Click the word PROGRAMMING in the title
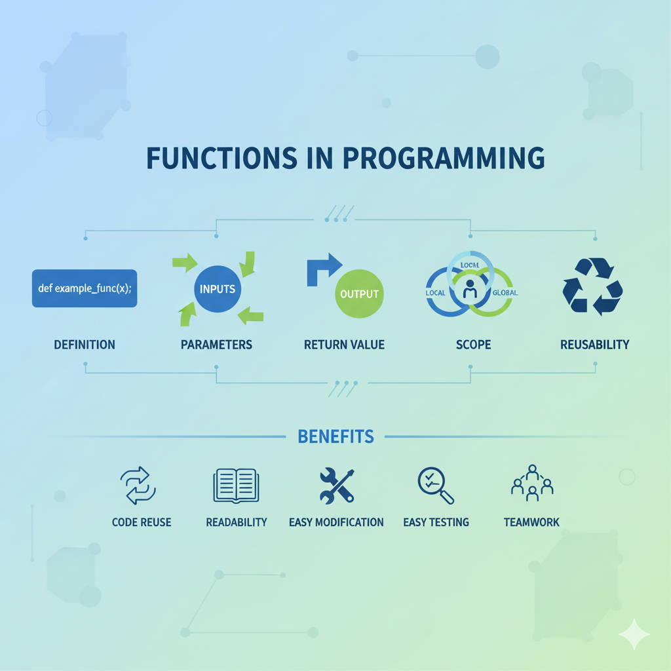tap(444, 159)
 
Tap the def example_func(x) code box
tap(85, 288)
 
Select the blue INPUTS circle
tap(218, 289)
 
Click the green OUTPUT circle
tap(360, 294)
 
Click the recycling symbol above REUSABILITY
tap(592, 286)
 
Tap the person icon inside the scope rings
tap(470, 289)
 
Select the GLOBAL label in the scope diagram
tap(505, 293)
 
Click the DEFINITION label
tap(85, 345)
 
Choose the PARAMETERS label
tap(216, 345)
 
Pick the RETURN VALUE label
tap(345, 345)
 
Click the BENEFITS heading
tap(336, 436)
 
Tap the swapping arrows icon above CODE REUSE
tap(138, 486)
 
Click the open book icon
tap(236, 486)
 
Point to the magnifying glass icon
tap(436, 486)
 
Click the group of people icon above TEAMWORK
tap(532, 483)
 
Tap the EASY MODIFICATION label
tap(336, 522)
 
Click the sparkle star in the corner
tap(634, 634)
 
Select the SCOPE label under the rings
tap(473, 345)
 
